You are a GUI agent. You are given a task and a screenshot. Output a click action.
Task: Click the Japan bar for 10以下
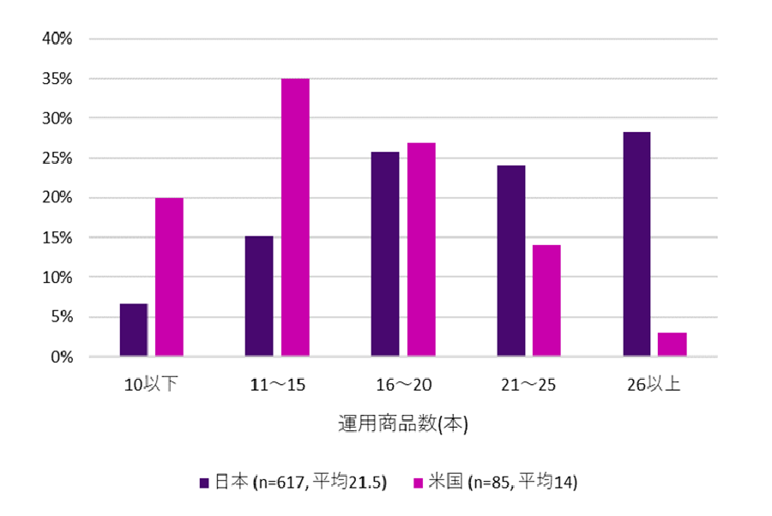pos(134,330)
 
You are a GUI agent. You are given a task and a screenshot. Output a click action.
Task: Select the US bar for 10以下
pos(169,277)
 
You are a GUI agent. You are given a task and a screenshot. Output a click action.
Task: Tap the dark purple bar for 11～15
pos(259,296)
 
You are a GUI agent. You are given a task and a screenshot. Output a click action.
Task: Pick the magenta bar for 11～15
pos(295,218)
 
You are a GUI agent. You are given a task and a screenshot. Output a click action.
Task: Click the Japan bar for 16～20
pos(385,254)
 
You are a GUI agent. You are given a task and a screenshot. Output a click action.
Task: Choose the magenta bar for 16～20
pos(421,249)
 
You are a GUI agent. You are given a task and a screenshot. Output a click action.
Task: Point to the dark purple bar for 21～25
pos(511,261)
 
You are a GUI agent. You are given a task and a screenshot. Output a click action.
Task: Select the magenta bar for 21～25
pos(546,300)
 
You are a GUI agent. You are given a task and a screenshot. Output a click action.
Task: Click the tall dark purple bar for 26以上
pos(636,244)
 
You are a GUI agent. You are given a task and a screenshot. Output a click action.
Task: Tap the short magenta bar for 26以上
pos(672,344)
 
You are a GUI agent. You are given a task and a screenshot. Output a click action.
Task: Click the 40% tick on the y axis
pos(57,39)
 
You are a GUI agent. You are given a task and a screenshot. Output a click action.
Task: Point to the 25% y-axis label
pos(57,159)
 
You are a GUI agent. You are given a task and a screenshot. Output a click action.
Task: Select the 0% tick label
pos(61,357)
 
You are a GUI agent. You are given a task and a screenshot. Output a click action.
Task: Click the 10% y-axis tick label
pos(57,278)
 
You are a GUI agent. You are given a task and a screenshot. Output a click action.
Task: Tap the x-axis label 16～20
pos(403,385)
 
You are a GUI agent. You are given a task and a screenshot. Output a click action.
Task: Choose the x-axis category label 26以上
pos(654,385)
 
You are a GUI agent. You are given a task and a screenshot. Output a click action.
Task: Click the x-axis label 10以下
pos(151,385)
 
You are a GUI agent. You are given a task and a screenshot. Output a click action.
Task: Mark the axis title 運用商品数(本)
pos(402,423)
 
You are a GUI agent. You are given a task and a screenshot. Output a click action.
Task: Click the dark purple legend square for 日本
pos(204,483)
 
